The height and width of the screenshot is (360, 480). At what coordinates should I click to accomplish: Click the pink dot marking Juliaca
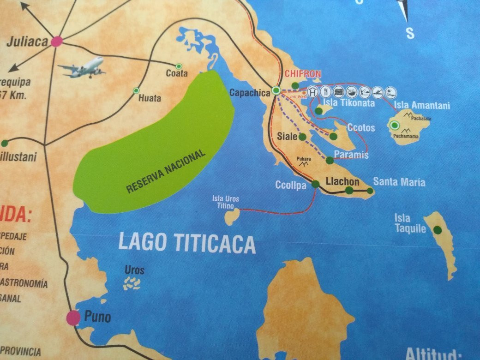57,41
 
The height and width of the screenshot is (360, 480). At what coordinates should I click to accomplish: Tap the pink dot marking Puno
73,318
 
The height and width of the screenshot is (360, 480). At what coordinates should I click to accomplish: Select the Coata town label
177,73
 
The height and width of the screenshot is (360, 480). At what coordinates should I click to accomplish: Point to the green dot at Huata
136,90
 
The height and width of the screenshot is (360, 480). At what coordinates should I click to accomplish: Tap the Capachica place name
249,93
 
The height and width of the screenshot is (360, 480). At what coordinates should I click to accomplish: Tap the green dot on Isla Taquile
437,230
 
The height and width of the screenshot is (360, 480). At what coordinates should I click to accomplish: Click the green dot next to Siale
302,137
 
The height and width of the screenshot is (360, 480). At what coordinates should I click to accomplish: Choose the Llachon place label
342,181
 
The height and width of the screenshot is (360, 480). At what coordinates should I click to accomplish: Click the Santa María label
399,182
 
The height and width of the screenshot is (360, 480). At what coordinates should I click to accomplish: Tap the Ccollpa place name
291,186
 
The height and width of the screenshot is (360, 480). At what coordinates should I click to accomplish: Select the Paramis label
351,155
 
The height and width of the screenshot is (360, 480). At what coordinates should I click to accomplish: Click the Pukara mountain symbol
303,163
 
